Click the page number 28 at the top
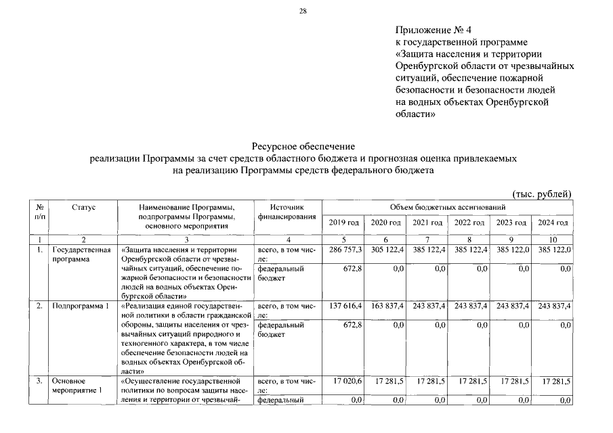303,11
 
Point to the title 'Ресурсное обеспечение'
303,146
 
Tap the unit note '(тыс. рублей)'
543,194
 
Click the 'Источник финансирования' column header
287,211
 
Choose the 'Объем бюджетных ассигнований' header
448,206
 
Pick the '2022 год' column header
469,223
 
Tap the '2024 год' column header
553,223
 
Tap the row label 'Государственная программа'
81,254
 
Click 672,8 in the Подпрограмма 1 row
353,325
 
